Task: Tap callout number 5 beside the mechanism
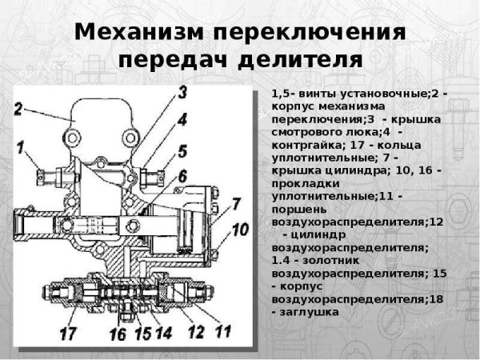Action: (182, 150)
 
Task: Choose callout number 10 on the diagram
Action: (241, 230)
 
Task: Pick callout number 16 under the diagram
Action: (117, 334)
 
